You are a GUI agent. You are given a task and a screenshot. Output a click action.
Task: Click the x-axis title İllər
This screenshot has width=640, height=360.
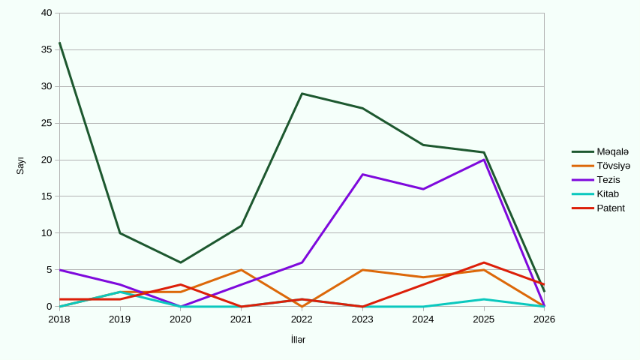(x=298, y=340)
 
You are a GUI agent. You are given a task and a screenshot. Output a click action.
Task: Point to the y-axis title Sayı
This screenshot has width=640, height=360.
(x=20, y=166)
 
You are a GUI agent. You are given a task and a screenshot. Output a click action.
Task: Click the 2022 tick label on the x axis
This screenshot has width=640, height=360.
(x=302, y=319)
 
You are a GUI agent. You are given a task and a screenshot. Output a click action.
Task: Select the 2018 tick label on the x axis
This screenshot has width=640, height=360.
(x=59, y=319)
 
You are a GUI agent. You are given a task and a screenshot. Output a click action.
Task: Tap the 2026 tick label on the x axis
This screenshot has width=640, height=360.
(x=544, y=319)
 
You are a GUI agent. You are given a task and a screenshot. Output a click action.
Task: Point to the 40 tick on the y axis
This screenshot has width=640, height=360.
(x=47, y=13)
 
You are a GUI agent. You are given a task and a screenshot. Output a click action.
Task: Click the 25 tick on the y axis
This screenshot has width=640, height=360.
(x=47, y=123)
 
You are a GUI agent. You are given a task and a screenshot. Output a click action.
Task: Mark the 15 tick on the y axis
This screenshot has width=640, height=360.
(x=47, y=196)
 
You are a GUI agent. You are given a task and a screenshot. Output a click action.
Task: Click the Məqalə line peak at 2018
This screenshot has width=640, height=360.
(x=59, y=43)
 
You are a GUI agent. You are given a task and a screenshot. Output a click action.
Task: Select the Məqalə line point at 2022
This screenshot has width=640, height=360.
(x=302, y=94)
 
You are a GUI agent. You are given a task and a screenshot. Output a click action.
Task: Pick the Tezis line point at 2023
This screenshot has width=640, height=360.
(x=362, y=175)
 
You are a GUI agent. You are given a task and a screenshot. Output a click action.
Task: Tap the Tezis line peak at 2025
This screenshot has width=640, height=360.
(x=484, y=160)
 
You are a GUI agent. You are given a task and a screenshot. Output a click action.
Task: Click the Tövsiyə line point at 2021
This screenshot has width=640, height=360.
(x=241, y=270)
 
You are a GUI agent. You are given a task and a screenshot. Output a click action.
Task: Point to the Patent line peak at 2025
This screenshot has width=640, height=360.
(x=484, y=262)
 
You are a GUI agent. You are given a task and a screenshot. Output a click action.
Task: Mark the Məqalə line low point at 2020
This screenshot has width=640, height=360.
(x=181, y=262)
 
